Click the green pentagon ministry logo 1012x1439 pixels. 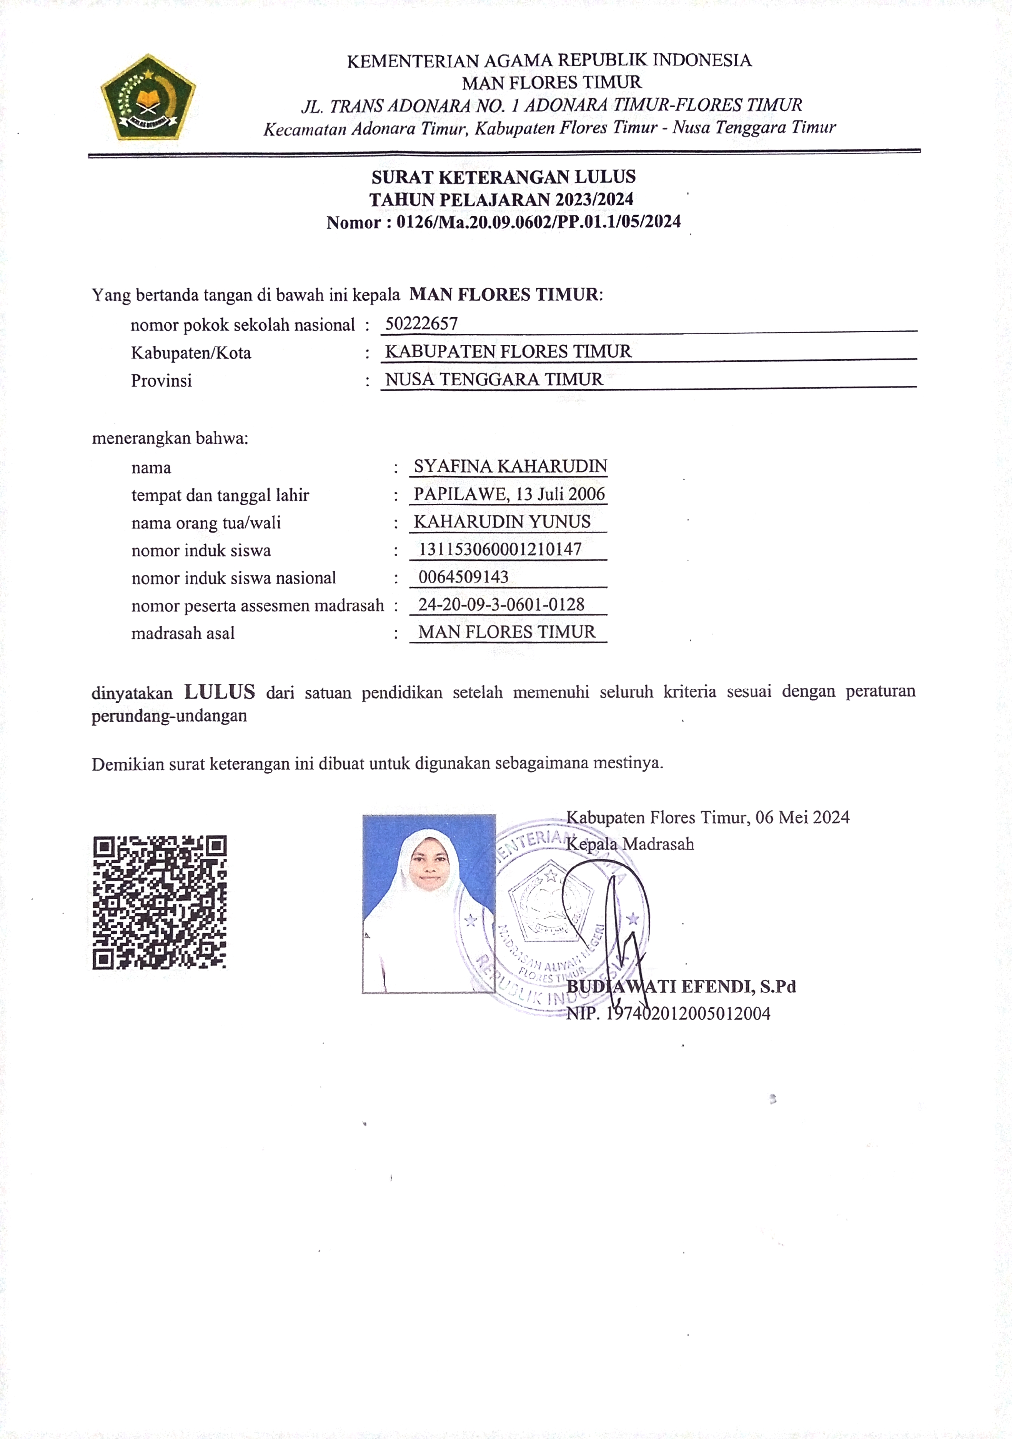(x=148, y=97)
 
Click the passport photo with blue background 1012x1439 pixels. (x=429, y=903)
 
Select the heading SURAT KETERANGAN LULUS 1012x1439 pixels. (x=503, y=177)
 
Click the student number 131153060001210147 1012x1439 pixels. (x=500, y=549)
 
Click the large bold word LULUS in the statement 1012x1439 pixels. (x=219, y=692)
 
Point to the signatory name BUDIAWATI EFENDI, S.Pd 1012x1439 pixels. (x=681, y=986)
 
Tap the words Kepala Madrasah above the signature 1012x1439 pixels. (x=630, y=844)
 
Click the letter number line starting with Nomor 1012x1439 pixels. (x=503, y=222)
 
